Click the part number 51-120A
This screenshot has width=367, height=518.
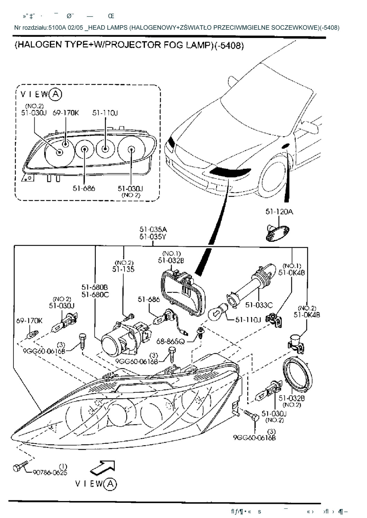(x=279, y=212)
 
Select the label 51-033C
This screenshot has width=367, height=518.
(x=259, y=305)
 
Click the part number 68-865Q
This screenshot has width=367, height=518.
(x=171, y=341)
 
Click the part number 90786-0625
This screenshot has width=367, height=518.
(x=50, y=472)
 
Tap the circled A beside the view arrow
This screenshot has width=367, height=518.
(x=110, y=484)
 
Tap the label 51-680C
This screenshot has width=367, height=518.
(x=95, y=295)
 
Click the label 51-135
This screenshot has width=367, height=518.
(x=123, y=269)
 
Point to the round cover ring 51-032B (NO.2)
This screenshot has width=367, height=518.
(x=297, y=377)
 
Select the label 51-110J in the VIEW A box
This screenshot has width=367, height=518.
(x=105, y=113)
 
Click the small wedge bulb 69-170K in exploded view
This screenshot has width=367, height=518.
(x=33, y=334)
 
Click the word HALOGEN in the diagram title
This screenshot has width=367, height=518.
(x=38, y=45)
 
